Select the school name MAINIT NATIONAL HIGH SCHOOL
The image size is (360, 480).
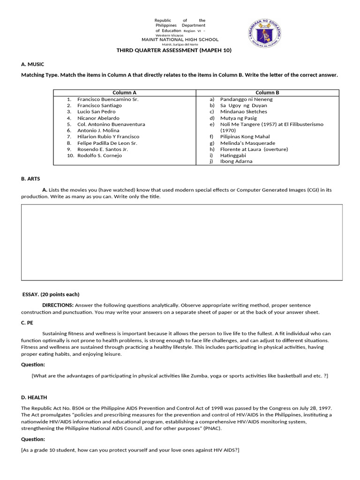[x=180, y=40]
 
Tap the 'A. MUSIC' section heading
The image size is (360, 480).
[x=33, y=64]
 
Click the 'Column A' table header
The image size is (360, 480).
[x=124, y=93]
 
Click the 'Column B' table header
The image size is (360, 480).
[x=267, y=93]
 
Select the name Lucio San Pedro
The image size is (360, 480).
[x=96, y=112]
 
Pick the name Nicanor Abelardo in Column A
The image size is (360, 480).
[x=98, y=118]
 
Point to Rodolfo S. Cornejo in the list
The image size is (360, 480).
[x=99, y=155]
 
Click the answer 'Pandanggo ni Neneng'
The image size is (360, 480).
[x=246, y=99]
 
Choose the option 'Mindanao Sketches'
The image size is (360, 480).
[x=243, y=112]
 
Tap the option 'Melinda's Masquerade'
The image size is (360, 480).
[x=247, y=143]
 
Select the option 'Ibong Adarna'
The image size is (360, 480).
[x=236, y=161]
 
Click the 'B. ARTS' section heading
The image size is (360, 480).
[x=31, y=179]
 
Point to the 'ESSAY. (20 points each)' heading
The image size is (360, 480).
[x=51, y=294]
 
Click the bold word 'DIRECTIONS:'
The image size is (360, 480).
[x=58, y=305]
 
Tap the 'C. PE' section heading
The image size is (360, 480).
[x=28, y=322]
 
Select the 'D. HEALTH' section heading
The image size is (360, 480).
[x=34, y=397]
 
